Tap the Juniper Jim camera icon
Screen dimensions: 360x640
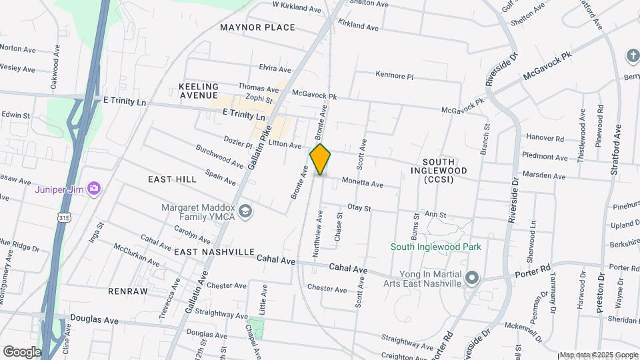[94, 189]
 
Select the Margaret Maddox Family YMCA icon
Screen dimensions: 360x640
[245, 211]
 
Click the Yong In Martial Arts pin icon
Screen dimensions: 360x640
[473, 277]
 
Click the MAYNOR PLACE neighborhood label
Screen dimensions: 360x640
[257, 27]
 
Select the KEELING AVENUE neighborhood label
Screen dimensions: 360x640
[199, 91]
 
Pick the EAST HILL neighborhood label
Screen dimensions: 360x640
[172, 179]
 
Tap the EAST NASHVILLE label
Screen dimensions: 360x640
[215, 252]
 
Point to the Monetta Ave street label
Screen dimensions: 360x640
[362, 182]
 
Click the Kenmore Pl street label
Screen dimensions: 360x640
[399, 75]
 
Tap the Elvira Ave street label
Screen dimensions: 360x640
[275, 69]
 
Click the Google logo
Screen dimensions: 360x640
[22, 351]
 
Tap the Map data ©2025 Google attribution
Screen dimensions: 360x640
[599, 355]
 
